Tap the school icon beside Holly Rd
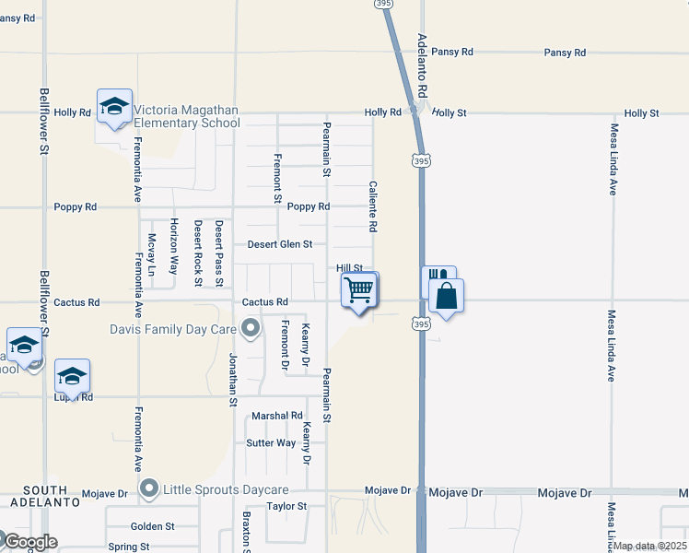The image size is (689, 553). point(115,108)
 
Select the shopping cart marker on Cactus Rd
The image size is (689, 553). point(358,291)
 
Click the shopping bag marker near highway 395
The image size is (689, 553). point(446,297)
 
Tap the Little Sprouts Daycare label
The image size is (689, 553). point(226,488)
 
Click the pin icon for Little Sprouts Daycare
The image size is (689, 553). point(149,487)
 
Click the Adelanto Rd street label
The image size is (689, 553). point(422,67)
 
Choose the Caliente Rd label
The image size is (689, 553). point(373,206)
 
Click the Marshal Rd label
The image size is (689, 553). point(277,416)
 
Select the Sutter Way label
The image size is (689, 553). point(271,443)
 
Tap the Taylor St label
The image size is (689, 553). point(286,506)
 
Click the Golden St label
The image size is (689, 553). point(152,526)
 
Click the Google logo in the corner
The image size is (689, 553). point(29,542)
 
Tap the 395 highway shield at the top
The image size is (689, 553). point(384,5)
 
